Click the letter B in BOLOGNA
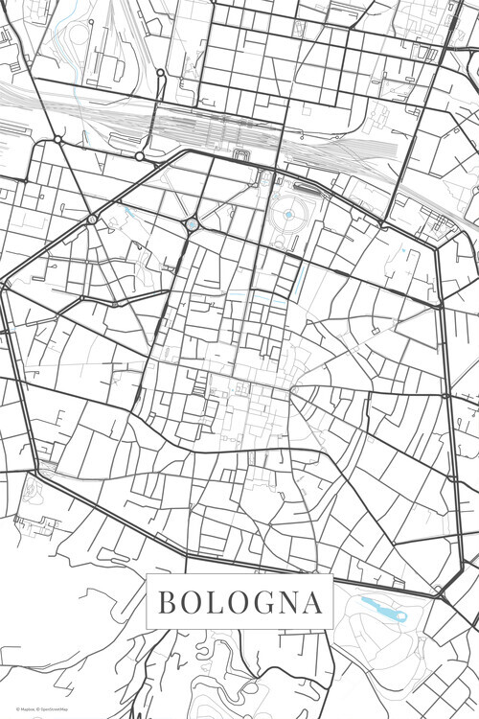[166, 603]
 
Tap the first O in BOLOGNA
[191, 603]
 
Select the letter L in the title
[215, 603]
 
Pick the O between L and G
[239, 603]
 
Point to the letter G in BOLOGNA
[264, 603]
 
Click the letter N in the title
[290, 603]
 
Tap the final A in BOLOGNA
[313, 603]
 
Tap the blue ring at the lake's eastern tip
[400, 616]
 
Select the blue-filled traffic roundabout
[192, 223]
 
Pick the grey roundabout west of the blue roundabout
[92, 220]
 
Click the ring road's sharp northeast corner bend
[436, 245]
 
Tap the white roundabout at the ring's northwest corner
[57, 140]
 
